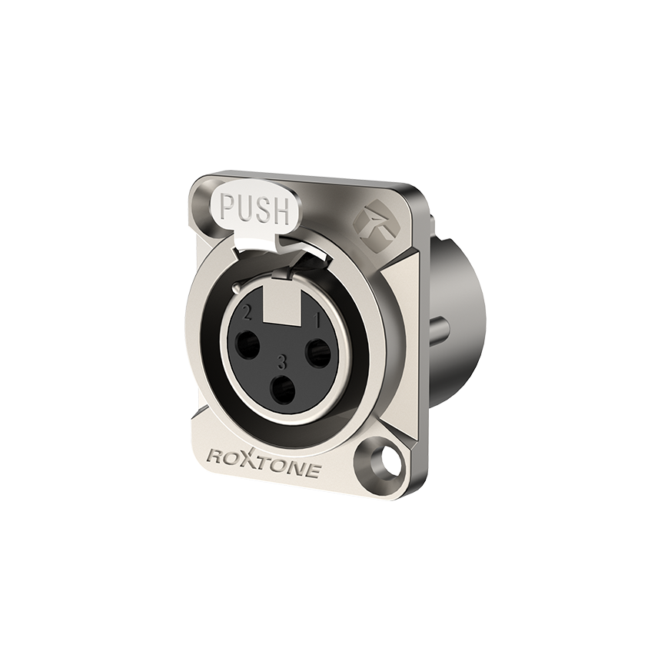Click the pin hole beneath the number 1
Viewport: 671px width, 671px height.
point(318,349)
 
